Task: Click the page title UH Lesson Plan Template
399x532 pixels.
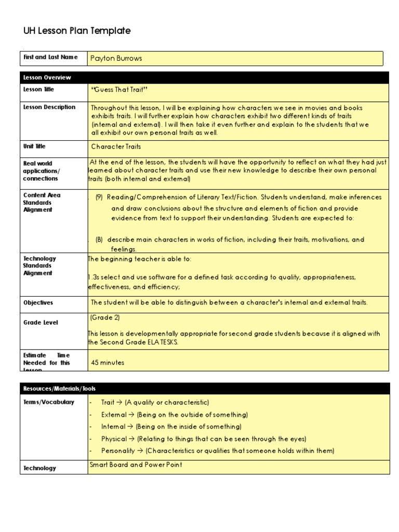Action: (77, 31)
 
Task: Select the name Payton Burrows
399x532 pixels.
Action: (116, 59)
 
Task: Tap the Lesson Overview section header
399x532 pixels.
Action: (47, 77)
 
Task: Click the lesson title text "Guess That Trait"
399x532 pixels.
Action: (120, 90)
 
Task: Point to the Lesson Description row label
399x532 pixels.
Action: (49, 108)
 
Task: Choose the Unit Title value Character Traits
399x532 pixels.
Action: (116, 147)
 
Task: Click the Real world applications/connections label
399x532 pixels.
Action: (42, 171)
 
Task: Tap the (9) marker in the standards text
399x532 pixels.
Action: (99, 197)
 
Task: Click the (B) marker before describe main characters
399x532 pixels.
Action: (99, 240)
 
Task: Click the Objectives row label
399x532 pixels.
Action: (38, 303)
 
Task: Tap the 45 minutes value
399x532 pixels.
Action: (108, 363)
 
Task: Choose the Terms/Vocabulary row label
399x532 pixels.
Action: (49, 402)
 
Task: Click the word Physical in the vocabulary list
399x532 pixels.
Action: (114, 439)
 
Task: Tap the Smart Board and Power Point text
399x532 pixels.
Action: (136, 465)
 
